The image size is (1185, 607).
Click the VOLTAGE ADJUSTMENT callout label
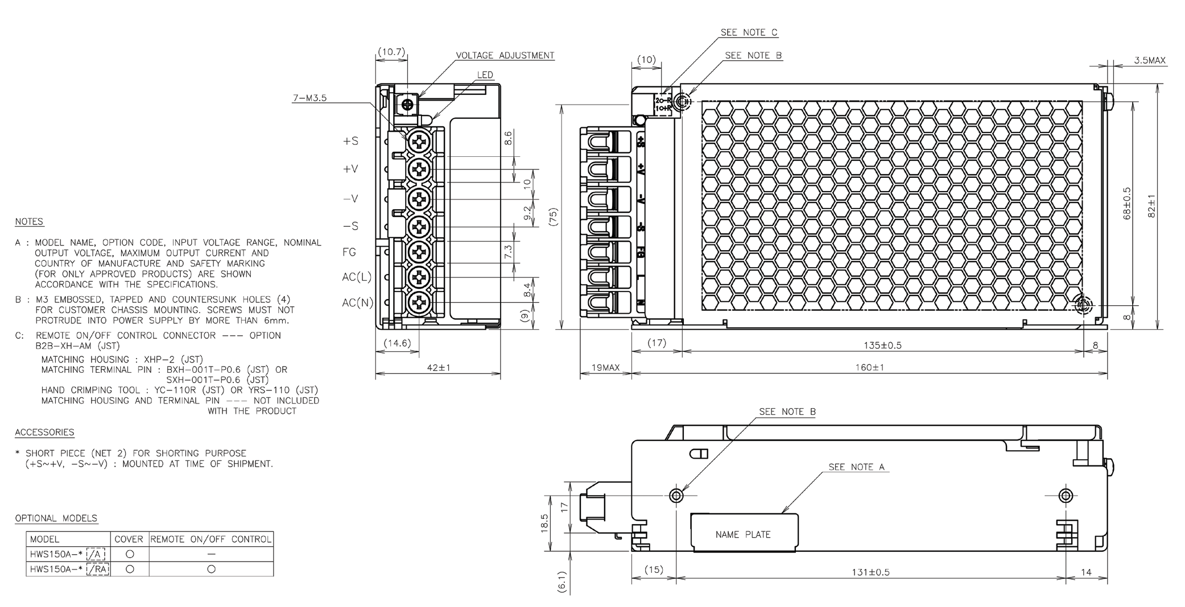click(505, 56)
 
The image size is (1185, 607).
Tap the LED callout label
click(485, 75)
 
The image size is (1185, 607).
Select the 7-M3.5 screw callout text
click(309, 98)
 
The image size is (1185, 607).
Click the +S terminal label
click(350, 141)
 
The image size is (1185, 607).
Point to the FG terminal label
click(349, 252)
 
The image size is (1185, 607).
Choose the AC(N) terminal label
click(357, 303)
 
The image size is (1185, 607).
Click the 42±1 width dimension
click(438, 368)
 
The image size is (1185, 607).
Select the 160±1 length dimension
click(870, 368)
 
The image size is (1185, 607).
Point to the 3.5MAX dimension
click(1150, 60)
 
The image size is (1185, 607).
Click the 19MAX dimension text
click(605, 368)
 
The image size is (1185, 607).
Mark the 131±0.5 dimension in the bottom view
click(870, 572)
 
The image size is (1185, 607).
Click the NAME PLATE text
click(743, 535)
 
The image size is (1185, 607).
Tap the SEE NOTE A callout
click(857, 467)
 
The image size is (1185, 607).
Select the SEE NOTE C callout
click(749, 33)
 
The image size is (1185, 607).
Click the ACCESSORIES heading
click(44, 433)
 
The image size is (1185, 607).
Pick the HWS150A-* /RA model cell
click(68, 569)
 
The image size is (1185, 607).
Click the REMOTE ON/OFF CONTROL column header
click(211, 539)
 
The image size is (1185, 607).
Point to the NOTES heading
click(29, 222)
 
